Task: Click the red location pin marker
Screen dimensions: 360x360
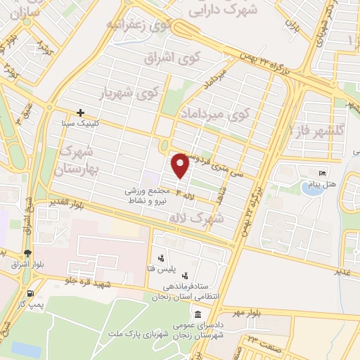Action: tap(181, 165)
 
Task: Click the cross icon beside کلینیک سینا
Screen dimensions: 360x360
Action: tap(81, 112)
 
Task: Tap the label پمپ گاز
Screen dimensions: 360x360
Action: tap(32, 304)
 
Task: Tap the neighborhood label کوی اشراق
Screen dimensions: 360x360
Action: tap(168, 58)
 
